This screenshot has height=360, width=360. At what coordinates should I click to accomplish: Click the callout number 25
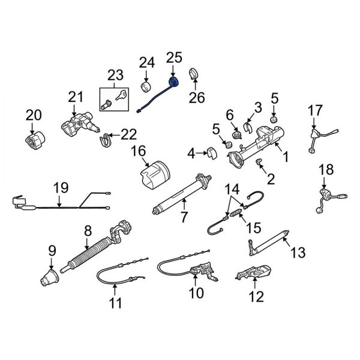point(173,58)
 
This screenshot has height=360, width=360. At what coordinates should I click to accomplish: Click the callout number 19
point(60,188)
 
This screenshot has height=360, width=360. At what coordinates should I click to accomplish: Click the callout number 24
point(147,62)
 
